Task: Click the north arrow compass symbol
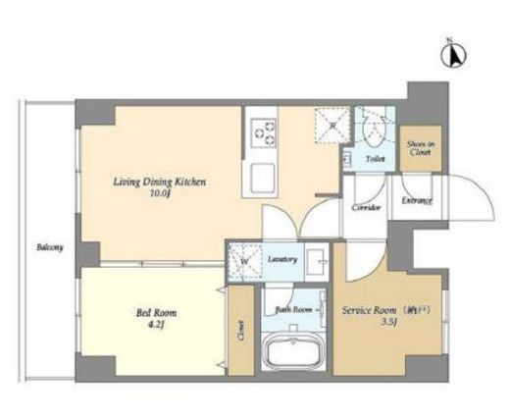point(454,56)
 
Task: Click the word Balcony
point(50,247)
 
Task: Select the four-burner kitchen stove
point(265,131)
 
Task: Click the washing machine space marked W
point(242,261)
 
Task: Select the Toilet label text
point(375,157)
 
